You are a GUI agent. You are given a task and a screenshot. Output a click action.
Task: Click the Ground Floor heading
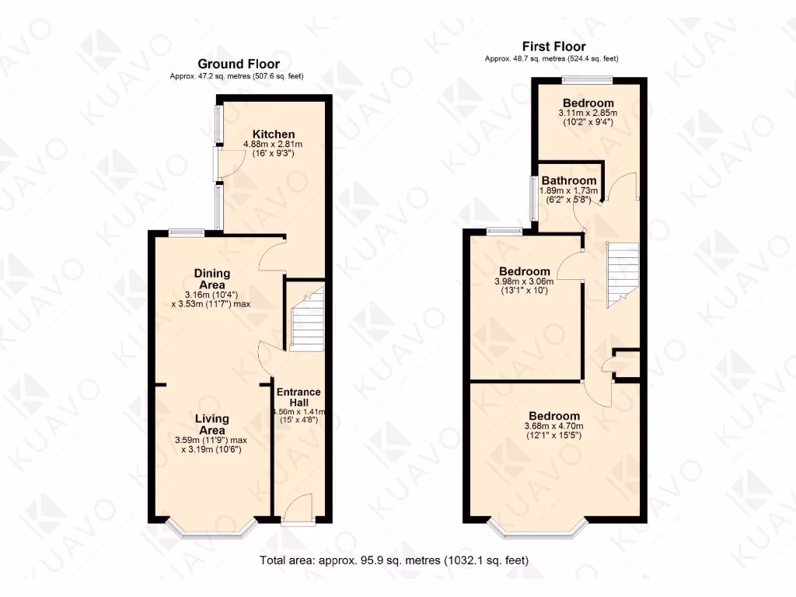click(x=239, y=64)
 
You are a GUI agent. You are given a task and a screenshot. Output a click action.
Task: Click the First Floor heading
click(x=553, y=47)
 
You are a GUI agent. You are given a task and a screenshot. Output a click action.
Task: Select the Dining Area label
click(x=212, y=279)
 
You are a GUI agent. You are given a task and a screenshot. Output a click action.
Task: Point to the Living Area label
click(x=212, y=424)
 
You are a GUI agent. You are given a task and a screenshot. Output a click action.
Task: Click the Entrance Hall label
click(x=298, y=397)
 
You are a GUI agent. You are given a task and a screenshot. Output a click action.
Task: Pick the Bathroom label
click(x=569, y=180)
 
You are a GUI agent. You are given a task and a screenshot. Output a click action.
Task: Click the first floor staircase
click(x=622, y=273)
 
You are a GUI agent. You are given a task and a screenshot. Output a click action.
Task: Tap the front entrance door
click(x=298, y=512)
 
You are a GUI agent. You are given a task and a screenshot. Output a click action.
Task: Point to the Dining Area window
click(x=187, y=231)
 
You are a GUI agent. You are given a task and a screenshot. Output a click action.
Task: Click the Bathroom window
click(x=533, y=198)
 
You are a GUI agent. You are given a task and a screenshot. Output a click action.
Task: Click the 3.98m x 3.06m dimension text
click(x=524, y=282)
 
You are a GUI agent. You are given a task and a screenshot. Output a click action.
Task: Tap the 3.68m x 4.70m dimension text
click(x=555, y=426)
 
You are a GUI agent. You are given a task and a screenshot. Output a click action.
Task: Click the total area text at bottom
click(x=397, y=560)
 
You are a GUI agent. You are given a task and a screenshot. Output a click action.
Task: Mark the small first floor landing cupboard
click(x=626, y=363)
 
